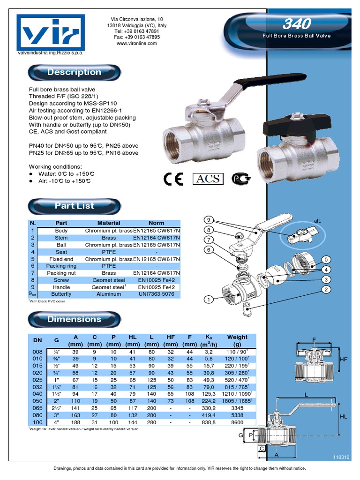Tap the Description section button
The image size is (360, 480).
[x=74, y=72]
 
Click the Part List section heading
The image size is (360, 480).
[x=74, y=206]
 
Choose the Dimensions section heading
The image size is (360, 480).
[x=74, y=319]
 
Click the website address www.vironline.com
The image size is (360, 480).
[x=136, y=43]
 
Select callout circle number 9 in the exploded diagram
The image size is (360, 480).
[x=209, y=220]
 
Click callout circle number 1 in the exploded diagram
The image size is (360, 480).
[x=209, y=299]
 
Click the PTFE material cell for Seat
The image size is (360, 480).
[x=108, y=252]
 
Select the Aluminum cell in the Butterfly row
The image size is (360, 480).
[x=108, y=294]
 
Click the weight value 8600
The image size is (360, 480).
[x=237, y=422]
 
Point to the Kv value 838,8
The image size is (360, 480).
[x=209, y=422]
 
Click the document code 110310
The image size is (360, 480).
[x=341, y=457]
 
